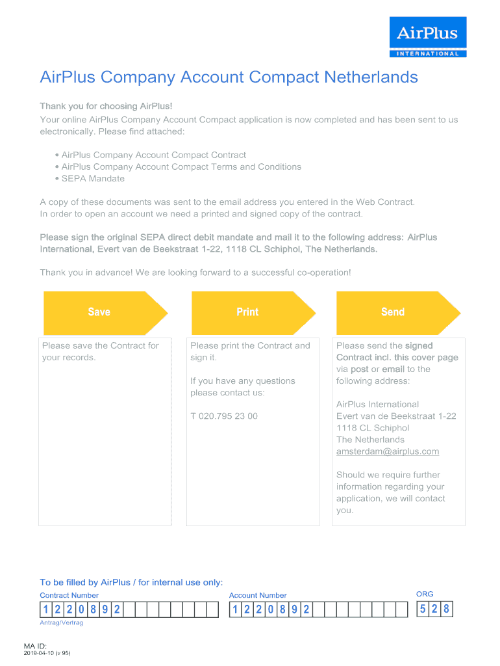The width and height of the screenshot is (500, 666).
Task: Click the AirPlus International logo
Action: (427, 37)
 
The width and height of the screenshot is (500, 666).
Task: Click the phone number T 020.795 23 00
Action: (224, 416)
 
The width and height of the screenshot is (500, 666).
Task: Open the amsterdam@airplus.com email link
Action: (388, 451)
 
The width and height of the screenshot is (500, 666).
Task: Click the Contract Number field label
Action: (69, 595)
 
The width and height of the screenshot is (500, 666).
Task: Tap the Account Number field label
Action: (258, 595)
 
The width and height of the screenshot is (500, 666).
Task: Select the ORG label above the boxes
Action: (425, 594)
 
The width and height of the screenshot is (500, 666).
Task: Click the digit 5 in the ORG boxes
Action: (423, 609)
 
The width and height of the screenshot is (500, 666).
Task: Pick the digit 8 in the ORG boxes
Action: (446, 609)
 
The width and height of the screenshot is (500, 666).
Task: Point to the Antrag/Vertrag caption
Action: (61, 622)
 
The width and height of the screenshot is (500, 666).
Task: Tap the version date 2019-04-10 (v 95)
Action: (55, 653)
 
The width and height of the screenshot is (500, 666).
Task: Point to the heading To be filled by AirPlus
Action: (131, 582)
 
